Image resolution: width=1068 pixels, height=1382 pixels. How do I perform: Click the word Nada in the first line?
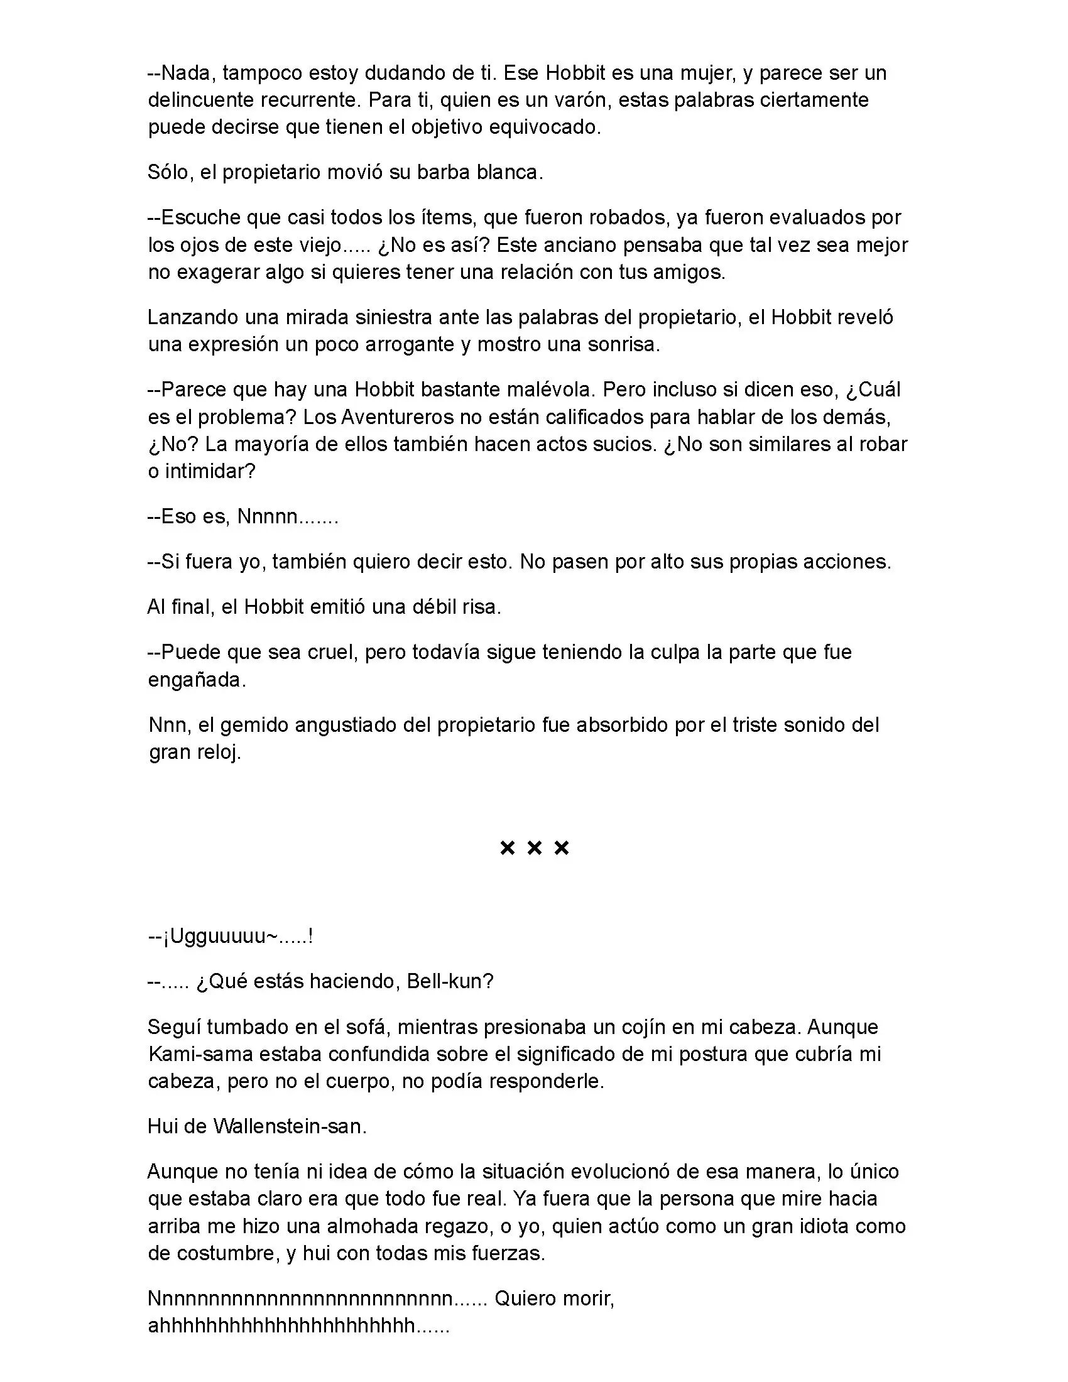point(185,73)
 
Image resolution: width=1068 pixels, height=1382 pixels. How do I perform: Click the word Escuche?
point(200,218)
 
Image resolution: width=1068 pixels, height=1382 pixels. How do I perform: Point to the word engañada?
point(195,680)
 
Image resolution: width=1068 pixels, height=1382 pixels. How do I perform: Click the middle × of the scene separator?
point(534,848)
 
